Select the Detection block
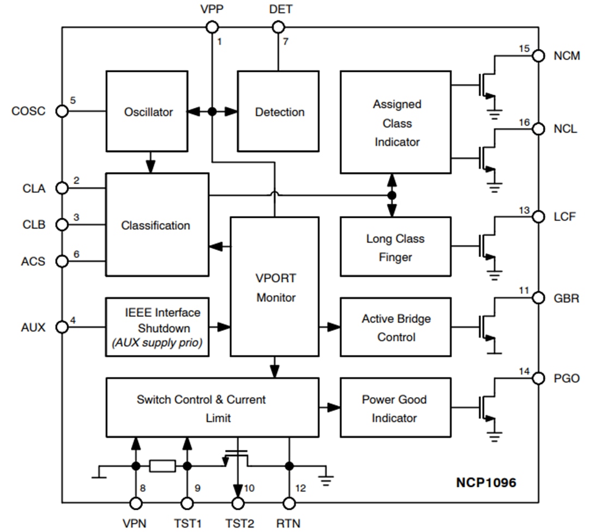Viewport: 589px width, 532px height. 278,112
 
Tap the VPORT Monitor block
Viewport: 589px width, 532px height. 275,286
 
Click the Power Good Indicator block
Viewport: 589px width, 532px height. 395,408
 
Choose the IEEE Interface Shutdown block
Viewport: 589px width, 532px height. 158,327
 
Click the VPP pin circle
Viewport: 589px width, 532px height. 212,27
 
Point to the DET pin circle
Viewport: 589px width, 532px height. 278,27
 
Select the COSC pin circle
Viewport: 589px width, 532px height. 62,111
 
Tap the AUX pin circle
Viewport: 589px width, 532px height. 62,327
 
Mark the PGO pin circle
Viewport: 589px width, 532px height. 538,378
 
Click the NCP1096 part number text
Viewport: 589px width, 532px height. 486,482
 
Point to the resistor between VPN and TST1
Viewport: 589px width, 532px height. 162,466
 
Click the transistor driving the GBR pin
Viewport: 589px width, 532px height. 485,327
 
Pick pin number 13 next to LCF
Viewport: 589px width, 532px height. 524,210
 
